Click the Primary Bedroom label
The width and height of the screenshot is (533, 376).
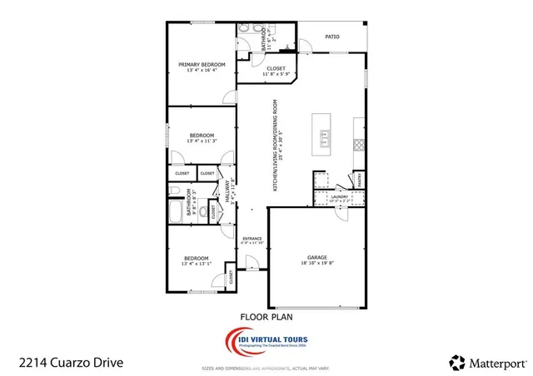(x=200, y=64)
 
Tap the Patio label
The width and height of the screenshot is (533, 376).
(x=331, y=37)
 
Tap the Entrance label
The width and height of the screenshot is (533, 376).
(x=252, y=239)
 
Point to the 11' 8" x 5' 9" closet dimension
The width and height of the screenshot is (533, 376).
(x=276, y=74)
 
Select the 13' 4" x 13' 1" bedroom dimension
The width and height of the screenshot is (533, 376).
(x=197, y=265)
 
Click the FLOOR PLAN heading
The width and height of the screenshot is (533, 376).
(x=266, y=316)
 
